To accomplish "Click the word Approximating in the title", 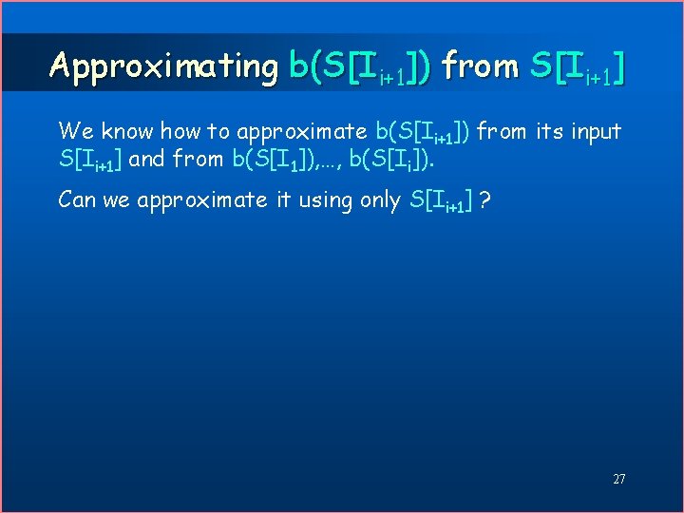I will click(x=162, y=66).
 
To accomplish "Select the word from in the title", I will click(x=481, y=66).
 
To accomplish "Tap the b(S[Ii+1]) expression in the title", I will click(x=360, y=66).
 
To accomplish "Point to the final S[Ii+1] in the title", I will click(x=577, y=66).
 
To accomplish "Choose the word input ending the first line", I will click(x=596, y=131).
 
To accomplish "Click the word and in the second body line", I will click(x=146, y=159).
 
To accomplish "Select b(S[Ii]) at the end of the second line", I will click(x=385, y=160).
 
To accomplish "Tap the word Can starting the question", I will click(x=77, y=199).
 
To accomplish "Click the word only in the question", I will click(x=379, y=199).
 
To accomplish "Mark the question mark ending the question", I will click(x=485, y=199).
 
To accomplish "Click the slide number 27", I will click(x=618, y=479).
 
